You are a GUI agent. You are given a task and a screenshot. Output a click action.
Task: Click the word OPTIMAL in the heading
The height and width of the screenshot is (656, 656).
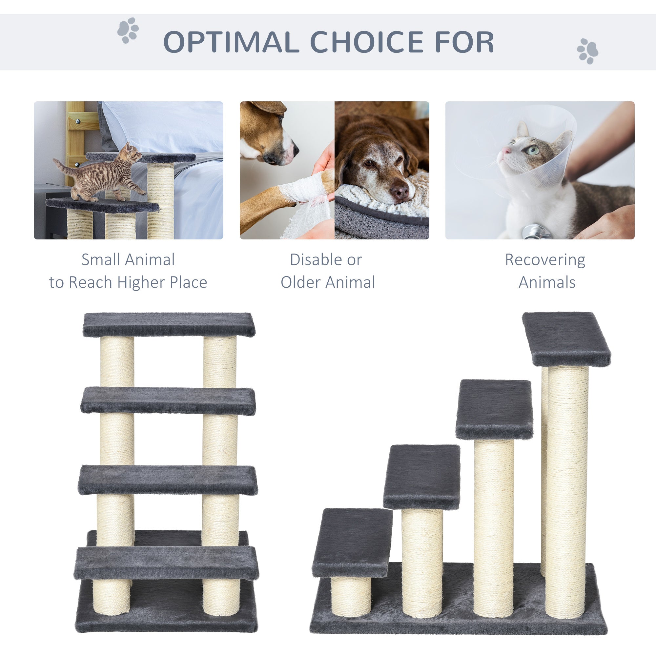point(231,42)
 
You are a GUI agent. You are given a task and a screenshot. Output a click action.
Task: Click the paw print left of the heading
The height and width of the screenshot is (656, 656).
point(128,30)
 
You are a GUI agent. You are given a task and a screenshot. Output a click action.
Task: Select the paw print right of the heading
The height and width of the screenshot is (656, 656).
point(587,51)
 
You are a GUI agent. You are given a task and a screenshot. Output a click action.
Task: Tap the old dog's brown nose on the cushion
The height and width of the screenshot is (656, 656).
point(399,192)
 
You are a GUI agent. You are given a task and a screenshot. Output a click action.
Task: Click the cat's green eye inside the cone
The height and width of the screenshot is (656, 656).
point(533,150)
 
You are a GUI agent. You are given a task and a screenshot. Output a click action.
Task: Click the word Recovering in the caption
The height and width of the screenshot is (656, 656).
point(545,260)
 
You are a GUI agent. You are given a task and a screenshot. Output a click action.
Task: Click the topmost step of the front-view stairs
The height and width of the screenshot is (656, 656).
point(169,324)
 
